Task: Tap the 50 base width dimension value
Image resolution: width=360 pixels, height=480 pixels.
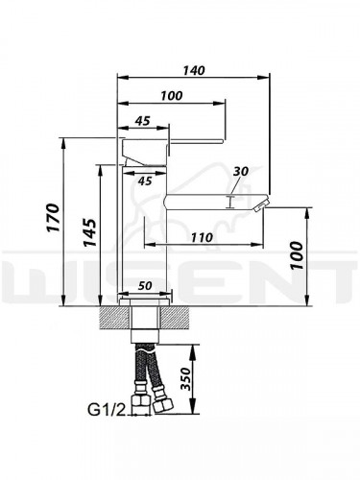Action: pos(145,285)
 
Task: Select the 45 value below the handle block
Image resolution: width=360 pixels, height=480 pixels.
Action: pos(147,179)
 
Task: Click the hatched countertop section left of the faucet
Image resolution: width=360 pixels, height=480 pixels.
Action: pos(108,318)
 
